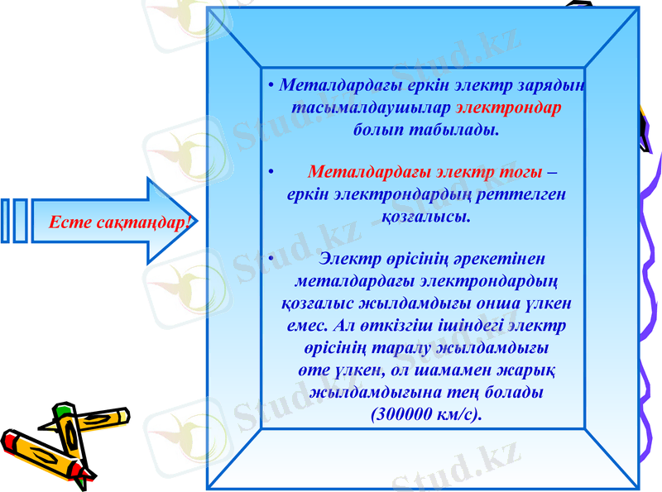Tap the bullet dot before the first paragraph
tap(271, 86)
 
